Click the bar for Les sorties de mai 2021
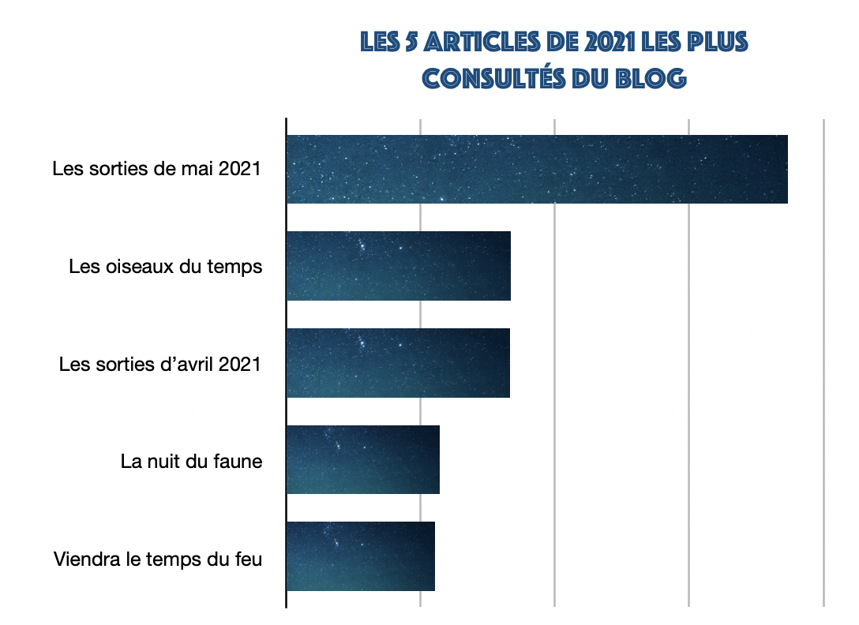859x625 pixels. click(537, 169)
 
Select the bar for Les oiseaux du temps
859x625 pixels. click(399, 266)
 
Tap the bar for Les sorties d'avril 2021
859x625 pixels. click(398, 363)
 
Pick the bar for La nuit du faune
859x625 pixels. click(363, 460)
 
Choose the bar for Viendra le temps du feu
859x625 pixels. click(361, 556)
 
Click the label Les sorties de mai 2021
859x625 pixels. click(156, 169)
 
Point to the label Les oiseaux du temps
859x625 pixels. click(165, 267)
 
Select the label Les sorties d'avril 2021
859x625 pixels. click(159, 365)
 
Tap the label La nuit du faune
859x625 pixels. click(191, 462)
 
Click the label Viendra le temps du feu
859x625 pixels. click(157, 560)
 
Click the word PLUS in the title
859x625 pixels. click(714, 42)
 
